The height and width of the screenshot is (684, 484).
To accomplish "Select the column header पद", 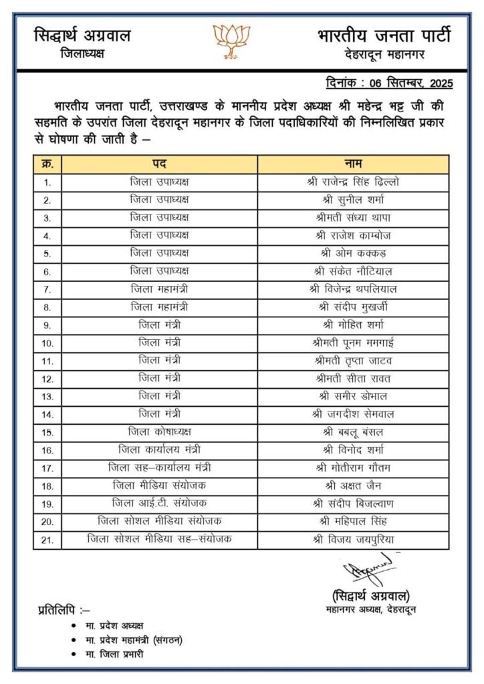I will point(159,164).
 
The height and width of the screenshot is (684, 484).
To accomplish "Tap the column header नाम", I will point(353,164).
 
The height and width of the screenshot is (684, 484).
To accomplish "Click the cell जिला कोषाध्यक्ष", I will point(159,432).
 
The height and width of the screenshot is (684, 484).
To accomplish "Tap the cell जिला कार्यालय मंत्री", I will point(159,450).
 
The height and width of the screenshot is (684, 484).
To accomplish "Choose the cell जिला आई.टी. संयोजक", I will point(159,503).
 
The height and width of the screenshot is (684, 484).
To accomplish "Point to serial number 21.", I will point(47,539).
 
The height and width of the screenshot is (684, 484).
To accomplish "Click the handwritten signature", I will point(365,570).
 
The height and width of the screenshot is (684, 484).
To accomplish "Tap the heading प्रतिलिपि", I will point(64,609).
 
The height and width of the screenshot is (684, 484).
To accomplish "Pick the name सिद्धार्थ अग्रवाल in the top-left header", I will point(82,35).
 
